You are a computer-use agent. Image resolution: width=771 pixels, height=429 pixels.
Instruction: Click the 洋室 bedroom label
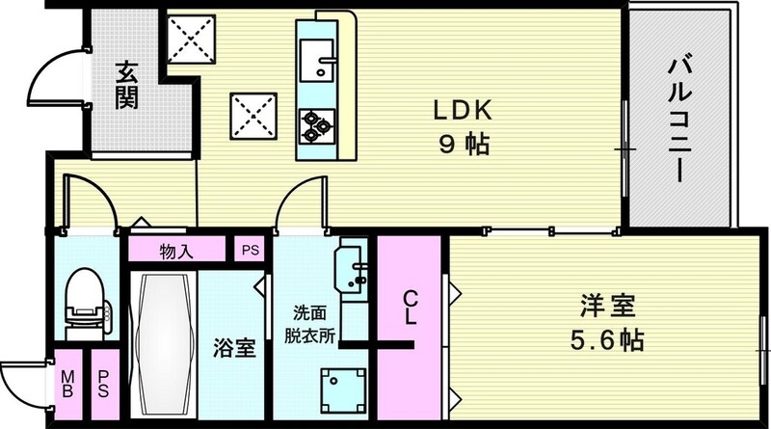(x=606, y=308)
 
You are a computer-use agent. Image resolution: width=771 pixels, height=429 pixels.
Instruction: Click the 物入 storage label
(x=176, y=252)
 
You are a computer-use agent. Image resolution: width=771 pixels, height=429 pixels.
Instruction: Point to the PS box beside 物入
(x=251, y=252)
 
